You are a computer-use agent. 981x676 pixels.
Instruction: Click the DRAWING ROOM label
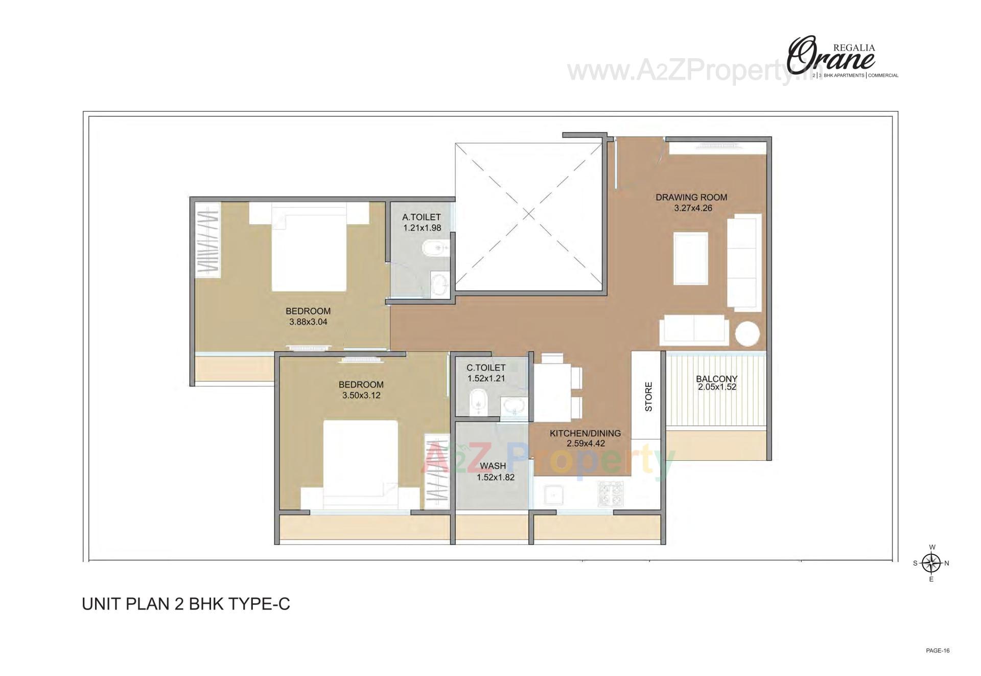tap(691, 197)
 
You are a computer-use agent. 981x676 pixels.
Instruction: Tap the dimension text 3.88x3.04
tap(308, 322)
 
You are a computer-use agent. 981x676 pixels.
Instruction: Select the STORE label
tap(648, 397)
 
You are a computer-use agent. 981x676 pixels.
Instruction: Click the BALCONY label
tap(716, 379)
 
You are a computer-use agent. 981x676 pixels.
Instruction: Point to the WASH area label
tap(493, 466)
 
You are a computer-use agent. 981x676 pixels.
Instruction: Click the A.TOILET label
tap(421, 217)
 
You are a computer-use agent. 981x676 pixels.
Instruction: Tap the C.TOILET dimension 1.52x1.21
tap(486, 378)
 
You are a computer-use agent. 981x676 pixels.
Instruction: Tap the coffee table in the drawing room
tap(691, 258)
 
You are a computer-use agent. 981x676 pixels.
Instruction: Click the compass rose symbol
tap(932, 564)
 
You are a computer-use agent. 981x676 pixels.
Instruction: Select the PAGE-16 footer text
tap(938, 651)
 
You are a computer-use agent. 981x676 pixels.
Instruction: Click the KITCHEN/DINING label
tap(585, 433)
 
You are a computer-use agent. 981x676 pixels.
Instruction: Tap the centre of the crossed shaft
tap(529, 214)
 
